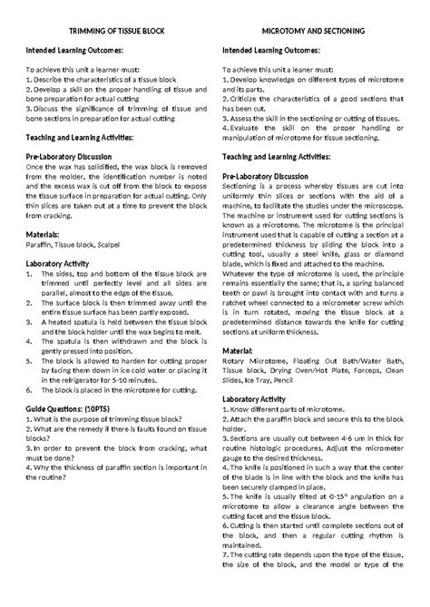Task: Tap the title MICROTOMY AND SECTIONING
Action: pyautogui.click(x=313, y=31)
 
